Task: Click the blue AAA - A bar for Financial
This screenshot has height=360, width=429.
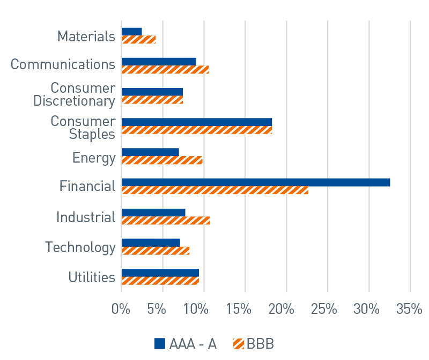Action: click(256, 182)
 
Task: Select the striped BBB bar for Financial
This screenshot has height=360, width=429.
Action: click(214, 190)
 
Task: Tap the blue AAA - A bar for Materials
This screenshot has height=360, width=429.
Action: click(132, 32)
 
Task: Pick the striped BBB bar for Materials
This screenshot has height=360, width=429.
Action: click(139, 40)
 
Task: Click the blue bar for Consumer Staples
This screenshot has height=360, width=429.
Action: click(197, 122)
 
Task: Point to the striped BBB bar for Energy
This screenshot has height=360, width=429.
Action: click(162, 160)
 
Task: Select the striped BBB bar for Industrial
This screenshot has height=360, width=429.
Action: click(166, 221)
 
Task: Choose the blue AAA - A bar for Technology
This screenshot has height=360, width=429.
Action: click(151, 243)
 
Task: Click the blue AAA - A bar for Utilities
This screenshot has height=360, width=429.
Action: click(160, 273)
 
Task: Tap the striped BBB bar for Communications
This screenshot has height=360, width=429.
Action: click(165, 70)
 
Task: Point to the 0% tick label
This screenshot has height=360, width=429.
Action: click(121, 310)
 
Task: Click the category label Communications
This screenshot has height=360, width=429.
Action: click(63, 64)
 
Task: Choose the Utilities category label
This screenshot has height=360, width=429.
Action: click(92, 277)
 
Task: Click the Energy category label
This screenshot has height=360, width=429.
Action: click(94, 158)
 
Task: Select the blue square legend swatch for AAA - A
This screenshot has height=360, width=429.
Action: click(160, 344)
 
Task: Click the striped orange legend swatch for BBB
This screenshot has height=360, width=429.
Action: click(238, 344)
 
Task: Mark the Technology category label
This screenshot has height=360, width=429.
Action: click(80, 247)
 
